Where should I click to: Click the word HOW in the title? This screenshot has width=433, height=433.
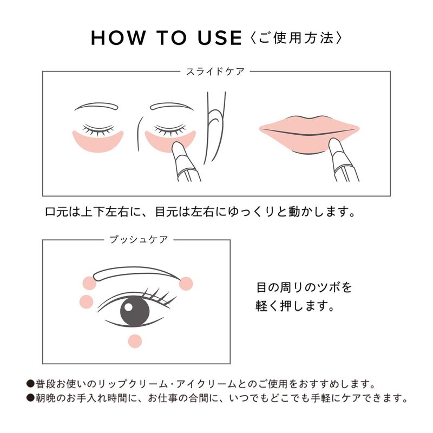(x=118, y=37)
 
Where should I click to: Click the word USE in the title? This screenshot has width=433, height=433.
(x=220, y=37)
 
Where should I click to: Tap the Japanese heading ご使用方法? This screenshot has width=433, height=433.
(x=296, y=37)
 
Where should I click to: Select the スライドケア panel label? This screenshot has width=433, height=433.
(x=215, y=72)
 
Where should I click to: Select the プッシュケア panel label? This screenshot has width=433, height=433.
(x=139, y=239)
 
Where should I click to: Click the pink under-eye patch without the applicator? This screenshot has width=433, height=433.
(x=98, y=141)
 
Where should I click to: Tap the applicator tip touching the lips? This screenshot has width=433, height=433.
(x=334, y=144)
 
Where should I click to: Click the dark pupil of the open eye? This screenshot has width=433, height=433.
(x=135, y=311)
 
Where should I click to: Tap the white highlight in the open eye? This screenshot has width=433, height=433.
(x=128, y=307)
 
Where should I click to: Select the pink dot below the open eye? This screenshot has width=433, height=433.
(x=135, y=341)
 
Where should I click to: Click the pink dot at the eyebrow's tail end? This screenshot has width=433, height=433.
(x=186, y=284)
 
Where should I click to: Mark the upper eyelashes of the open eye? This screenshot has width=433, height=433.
(x=158, y=296)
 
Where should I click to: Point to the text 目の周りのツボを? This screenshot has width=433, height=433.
(x=304, y=287)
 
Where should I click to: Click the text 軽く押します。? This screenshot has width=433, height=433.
(x=295, y=306)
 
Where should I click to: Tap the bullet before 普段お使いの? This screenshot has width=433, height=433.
(x=30, y=384)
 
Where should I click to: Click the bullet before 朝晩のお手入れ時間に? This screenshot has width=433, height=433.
(x=30, y=398)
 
